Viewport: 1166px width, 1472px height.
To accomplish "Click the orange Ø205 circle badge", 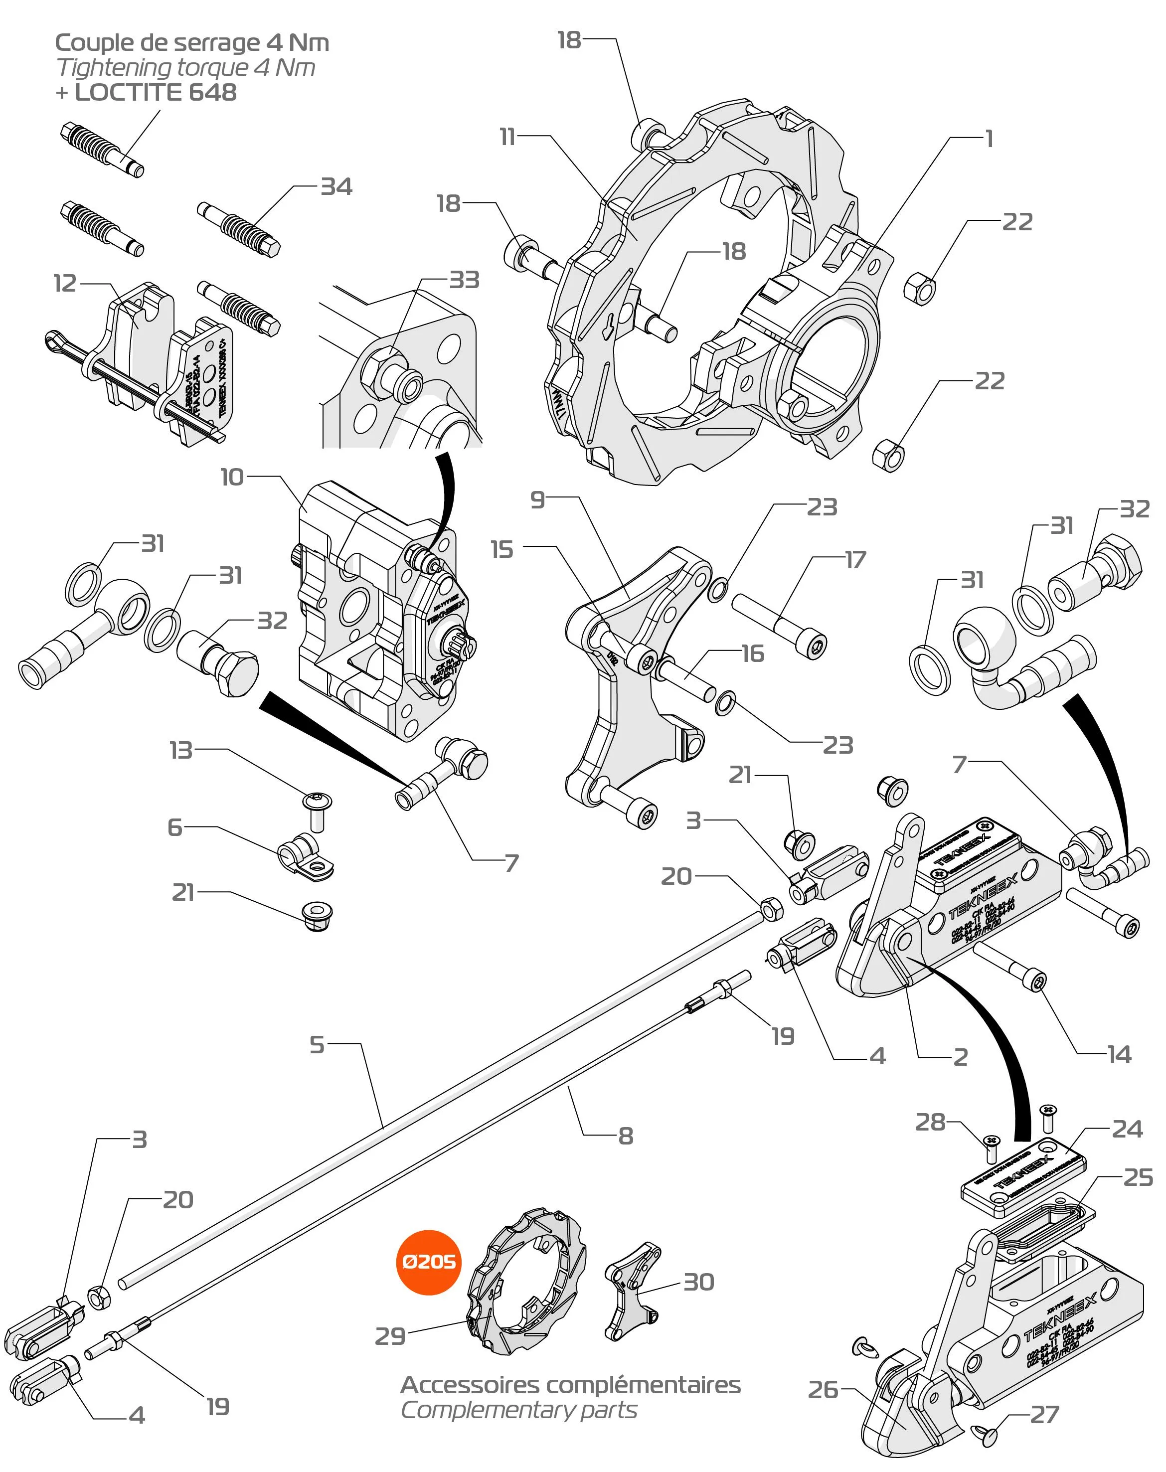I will (429, 1262).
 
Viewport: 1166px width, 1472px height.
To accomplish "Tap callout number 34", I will (336, 187).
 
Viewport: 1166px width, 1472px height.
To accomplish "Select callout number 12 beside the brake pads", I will (65, 283).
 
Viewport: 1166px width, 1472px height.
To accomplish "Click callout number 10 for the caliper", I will (231, 477).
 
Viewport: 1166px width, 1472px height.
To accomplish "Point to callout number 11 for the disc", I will (506, 137).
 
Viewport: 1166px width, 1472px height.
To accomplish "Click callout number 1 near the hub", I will (989, 139).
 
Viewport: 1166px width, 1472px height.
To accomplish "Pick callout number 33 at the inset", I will (464, 280).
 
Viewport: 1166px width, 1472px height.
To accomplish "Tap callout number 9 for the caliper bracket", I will (538, 500).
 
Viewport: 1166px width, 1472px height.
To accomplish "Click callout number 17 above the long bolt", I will (855, 560).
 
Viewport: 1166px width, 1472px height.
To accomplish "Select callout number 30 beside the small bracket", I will (698, 1282).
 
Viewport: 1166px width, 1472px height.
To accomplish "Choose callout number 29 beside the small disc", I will (390, 1336).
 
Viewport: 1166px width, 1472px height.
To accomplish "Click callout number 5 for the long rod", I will (317, 1045).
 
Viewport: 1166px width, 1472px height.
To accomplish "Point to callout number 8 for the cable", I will (625, 1136).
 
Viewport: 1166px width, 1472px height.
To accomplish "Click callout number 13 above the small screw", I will (181, 750).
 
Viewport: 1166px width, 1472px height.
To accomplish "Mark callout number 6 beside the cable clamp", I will (175, 827).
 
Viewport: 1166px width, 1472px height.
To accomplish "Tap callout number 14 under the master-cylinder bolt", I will (1119, 1054).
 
